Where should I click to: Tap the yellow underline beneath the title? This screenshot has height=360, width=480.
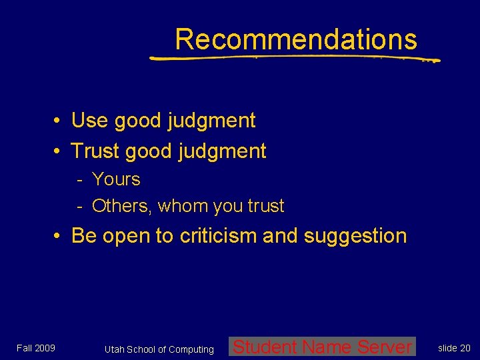(x=293, y=58)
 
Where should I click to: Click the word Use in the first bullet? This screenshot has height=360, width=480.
(x=89, y=121)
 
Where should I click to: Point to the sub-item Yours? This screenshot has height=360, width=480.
(x=116, y=179)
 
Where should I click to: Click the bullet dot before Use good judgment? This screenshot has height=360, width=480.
(x=59, y=121)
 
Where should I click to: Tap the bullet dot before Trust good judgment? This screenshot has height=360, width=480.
(x=59, y=152)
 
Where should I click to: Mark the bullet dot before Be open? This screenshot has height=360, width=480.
(x=59, y=237)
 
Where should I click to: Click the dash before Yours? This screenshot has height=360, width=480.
(x=79, y=180)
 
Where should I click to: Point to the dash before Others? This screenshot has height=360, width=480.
(x=79, y=207)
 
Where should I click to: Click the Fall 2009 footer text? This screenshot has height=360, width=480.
(x=36, y=348)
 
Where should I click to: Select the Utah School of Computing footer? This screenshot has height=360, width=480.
(x=159, y=349)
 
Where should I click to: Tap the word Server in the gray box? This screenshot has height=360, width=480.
(x=385, y=347)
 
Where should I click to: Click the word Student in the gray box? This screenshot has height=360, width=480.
(x=265, y=347)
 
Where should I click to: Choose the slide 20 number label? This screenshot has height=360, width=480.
(x=454, y=348)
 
